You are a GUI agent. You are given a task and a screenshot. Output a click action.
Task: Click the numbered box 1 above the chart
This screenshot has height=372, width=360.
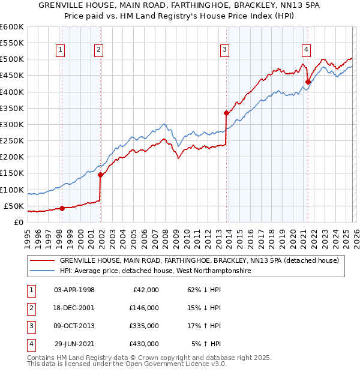tap(61, 50)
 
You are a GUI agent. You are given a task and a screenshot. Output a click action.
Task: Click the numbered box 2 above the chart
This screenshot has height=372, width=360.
tap(99, 50)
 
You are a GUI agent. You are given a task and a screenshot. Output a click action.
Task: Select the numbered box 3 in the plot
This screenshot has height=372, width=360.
tap(224, 50)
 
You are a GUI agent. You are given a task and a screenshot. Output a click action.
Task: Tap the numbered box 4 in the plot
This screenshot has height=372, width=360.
tap(306, 50)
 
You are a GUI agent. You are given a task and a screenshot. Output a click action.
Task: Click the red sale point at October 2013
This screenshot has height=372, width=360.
tap(226, 113)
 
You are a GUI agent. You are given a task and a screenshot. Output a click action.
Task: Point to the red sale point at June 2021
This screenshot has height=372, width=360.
tap(308, 82)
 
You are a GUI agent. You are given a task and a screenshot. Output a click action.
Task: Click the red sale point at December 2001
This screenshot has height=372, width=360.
tap(100, 175)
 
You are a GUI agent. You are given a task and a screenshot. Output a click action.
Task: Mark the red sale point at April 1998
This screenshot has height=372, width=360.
tap(62, 208)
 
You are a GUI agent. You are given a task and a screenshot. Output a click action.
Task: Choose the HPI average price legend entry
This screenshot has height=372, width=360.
tap(155, 271)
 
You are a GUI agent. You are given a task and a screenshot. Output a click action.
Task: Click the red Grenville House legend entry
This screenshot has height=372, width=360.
tap(199, 261)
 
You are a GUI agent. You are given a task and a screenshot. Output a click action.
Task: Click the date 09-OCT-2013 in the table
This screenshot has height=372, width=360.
tap(74, 326)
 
